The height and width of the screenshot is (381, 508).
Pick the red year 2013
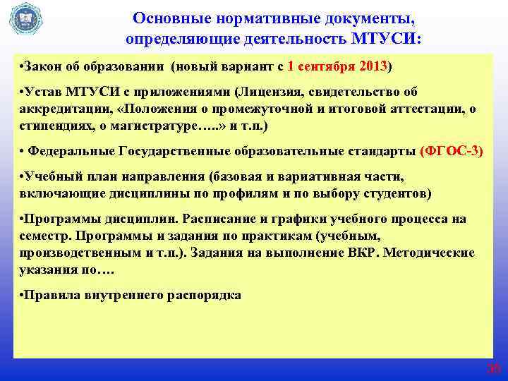coord(372,67)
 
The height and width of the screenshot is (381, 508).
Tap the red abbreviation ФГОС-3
coord(451,151)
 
